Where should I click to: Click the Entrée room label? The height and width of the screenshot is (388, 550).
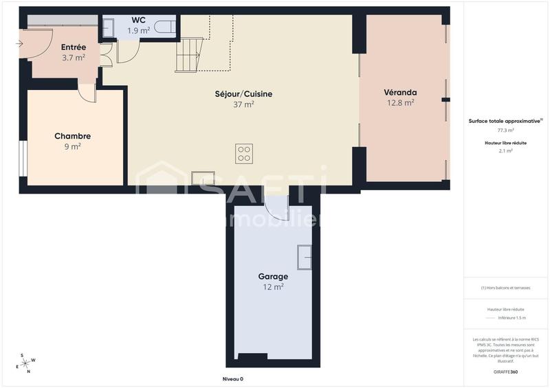coord(74,47)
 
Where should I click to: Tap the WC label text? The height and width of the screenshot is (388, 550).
coord(139,20)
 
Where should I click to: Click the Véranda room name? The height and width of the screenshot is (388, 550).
coord(400,92)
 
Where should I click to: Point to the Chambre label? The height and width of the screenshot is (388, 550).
coord(73,136)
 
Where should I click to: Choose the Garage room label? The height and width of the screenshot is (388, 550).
coord(273,277)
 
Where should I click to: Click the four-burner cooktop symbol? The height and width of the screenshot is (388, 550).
coord(244,153)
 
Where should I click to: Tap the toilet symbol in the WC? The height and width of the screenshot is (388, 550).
coord(164,27)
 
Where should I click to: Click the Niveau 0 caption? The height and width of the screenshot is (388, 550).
coord(232,379)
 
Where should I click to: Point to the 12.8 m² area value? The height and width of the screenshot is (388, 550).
coord(400,103)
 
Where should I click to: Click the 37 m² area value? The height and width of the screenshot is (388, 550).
coord(243,105)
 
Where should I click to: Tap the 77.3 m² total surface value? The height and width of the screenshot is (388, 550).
coord(506,130)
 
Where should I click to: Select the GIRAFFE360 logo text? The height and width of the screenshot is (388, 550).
coord(505,372)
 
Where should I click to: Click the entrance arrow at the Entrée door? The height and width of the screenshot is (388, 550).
coord(19,44)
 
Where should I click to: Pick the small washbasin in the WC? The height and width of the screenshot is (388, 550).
coord(109,28)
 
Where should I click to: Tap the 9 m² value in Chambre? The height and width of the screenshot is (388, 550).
coord(73,146)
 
